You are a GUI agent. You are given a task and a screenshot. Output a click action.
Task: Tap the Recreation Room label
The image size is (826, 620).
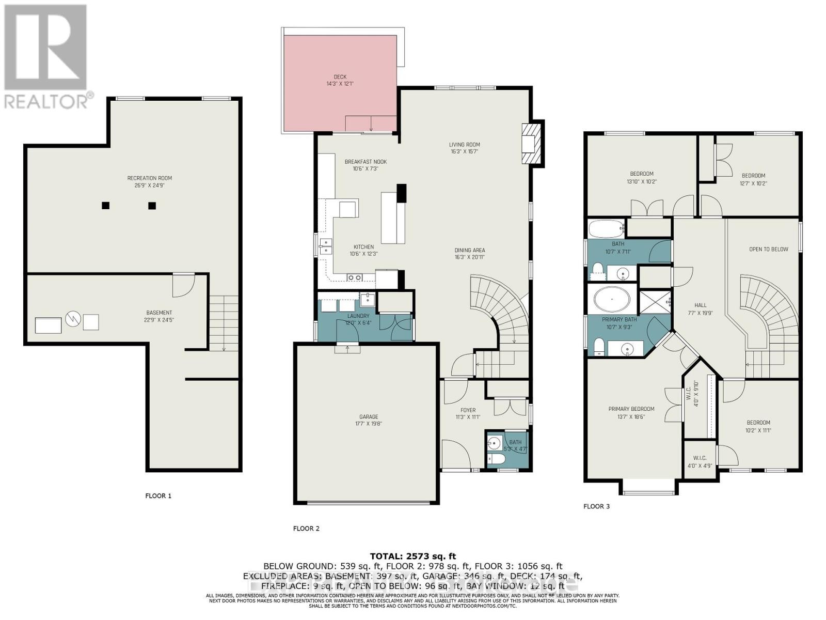coord(149,178)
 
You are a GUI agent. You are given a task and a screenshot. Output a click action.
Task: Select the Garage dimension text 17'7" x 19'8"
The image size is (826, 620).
coord(368,424)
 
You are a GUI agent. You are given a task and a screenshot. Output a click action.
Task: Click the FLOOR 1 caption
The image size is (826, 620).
coord(158,496)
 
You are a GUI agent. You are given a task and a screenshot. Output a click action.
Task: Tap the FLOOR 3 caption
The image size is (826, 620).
coord(596,506)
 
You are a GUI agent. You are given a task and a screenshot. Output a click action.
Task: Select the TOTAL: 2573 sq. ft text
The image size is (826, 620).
coord(412,556)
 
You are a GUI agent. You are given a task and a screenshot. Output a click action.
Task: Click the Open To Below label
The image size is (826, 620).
coord(768,249)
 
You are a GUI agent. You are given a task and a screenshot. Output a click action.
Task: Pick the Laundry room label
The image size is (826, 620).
coord(358,316)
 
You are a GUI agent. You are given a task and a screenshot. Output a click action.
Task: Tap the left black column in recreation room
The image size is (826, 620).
coord(105,206)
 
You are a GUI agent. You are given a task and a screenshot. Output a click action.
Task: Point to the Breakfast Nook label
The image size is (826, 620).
coord(366,162)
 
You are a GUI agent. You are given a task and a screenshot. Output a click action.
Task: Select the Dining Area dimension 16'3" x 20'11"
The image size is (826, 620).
coord(469,257)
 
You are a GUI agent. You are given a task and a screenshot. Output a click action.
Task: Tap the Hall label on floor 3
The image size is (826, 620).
coord(700,305)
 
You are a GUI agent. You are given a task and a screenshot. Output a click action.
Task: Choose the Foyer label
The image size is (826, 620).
coord(468,411)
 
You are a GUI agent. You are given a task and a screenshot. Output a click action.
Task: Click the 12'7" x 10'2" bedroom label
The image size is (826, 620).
coord(753,183)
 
